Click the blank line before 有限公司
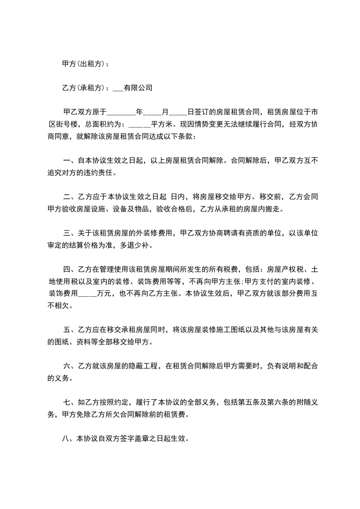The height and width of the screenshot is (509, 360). click(117, 89)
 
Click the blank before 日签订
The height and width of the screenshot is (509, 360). click(178, 113)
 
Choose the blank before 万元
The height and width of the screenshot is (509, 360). click(88, 294)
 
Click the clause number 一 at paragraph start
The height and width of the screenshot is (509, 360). click(67, 160)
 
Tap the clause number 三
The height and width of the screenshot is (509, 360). click(67, 233)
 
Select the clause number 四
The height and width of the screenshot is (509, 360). click(67, 269)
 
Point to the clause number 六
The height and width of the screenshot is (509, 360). click(67, 366)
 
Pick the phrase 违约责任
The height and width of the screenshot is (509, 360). click(101, 172)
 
